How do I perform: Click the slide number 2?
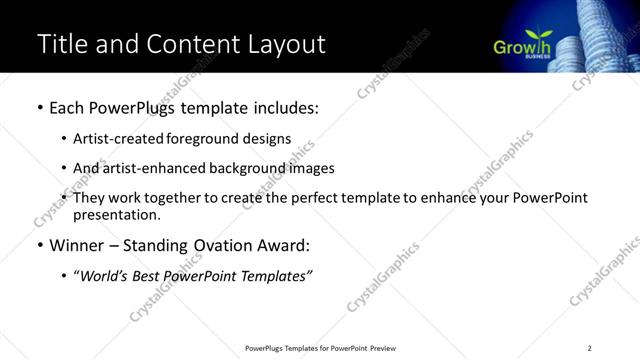click(590, 347)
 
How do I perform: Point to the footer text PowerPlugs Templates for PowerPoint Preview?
click(319, 347)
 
